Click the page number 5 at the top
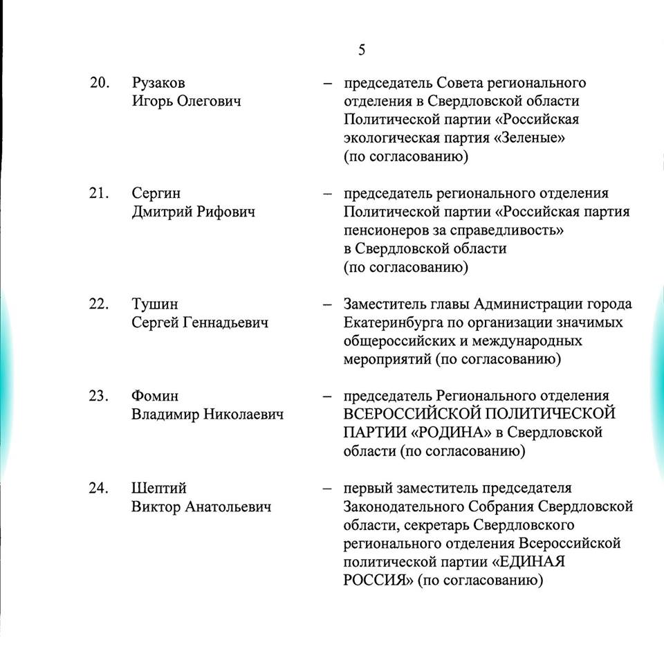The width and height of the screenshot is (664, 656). click(x=362, y=51)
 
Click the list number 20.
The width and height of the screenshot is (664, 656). click(x=100, y=83)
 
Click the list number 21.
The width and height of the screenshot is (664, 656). click(x=100, y=194)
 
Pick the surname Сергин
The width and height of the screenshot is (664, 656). click(x=156, y=194)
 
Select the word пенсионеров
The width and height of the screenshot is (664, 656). click(x=387, y=230)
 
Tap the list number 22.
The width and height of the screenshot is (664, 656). click(x=100, y=304)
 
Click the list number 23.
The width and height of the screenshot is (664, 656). click(x=100, y=397)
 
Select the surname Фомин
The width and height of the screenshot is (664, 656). click(x=155, y=397)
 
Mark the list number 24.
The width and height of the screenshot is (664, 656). click(x=100, y=489)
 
